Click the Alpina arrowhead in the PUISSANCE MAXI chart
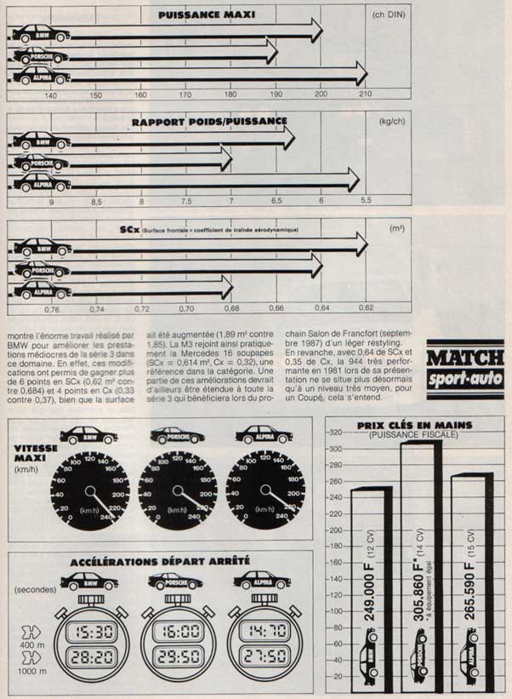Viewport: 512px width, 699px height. (x=361, y=74)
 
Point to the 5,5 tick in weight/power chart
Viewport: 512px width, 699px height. (x=367, y=201)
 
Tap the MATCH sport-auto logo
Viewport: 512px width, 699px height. (x=464, y=367)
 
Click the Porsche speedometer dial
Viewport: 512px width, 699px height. (x=178, y=491)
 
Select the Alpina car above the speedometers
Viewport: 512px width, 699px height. (x=264, y=435)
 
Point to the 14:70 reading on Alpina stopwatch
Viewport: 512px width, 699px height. (x=264, y=632)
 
